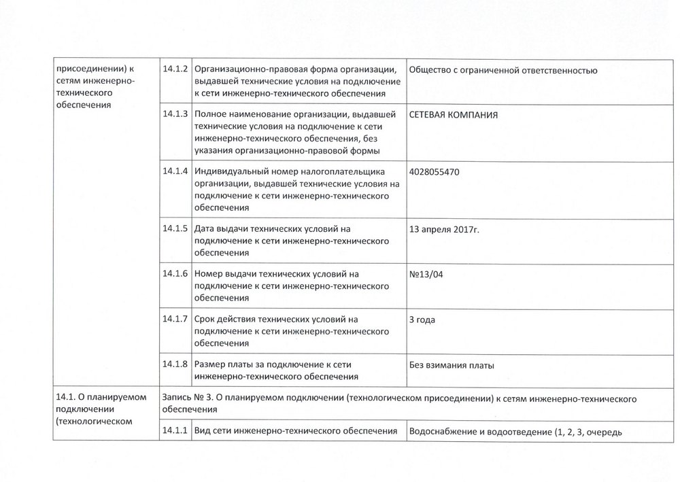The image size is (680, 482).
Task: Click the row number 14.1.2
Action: pos(175,69)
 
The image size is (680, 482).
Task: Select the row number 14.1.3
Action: pos(175,114)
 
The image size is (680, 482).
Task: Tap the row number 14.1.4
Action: pos(175,171)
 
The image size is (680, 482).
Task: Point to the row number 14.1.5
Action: pos(175,228)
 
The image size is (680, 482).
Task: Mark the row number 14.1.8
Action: pos(175,364)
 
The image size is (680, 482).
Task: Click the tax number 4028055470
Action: pos(435,173)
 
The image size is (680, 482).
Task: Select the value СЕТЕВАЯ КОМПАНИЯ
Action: pos(454,116)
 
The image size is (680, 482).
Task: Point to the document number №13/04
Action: pos(430,274)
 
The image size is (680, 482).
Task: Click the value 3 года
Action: pos(422,320)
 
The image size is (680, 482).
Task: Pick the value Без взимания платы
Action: pos(452,365)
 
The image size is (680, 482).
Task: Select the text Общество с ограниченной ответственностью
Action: pos(503,70)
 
